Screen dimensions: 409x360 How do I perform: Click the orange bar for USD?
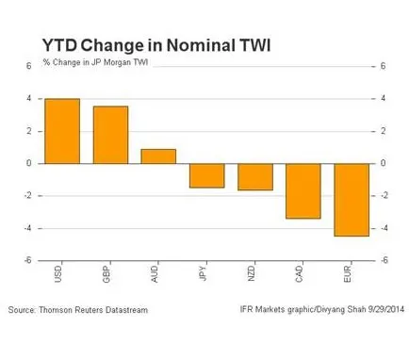(62, 131)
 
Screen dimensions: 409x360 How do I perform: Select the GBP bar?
(110, 135)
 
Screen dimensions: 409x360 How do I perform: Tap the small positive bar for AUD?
(158, 156)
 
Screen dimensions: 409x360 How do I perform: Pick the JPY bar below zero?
(207, 175)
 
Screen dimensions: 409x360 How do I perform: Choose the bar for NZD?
(255, 177)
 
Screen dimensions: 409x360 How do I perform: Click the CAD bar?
(303, 191)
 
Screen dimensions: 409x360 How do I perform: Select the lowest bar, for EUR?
(352, 200)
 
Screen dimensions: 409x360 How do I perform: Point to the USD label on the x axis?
(58, 274)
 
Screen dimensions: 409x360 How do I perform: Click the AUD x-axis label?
(155, 274)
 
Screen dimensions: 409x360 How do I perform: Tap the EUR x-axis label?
(348, 274)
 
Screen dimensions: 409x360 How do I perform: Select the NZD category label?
(251, 274)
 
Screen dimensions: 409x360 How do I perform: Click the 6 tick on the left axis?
(29, 66)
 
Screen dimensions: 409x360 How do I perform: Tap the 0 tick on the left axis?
(29, 163)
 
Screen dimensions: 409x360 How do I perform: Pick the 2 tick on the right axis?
(383, 131)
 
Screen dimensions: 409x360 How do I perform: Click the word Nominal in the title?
(201, 45)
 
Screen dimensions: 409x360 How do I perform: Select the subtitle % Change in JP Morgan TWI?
(95, 62)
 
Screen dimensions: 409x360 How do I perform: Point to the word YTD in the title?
(59, 45)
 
